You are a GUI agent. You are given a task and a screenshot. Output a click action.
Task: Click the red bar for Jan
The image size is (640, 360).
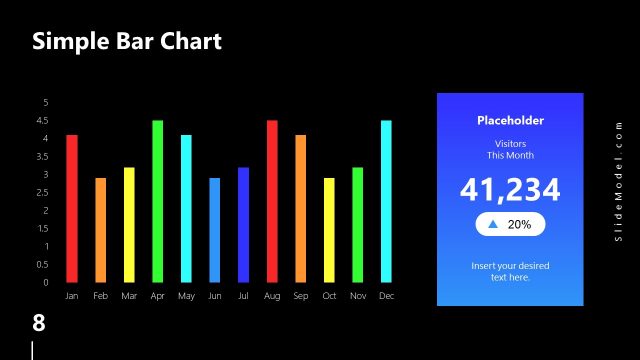72,208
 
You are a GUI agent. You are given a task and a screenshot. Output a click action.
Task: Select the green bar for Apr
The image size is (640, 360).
157,201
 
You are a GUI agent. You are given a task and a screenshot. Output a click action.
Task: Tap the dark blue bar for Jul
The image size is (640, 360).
244,224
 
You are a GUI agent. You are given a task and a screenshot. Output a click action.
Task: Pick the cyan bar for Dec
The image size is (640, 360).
386,201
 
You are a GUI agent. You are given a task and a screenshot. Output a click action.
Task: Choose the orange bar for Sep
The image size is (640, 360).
301,208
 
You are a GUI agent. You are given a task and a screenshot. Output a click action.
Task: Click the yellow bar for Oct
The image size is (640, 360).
329,230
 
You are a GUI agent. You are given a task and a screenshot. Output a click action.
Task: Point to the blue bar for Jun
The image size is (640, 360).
215,230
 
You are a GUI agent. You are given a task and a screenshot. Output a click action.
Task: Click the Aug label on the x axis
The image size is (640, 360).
272,297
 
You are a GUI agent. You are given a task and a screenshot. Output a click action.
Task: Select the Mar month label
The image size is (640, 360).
129,297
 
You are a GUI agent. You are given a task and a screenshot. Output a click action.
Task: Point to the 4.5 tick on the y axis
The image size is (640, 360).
43,120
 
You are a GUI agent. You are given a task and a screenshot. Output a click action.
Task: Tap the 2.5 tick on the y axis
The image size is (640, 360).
43,192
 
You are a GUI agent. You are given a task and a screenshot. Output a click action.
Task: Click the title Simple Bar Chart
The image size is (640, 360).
126,41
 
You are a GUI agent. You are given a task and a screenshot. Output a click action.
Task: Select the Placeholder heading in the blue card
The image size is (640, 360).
510,120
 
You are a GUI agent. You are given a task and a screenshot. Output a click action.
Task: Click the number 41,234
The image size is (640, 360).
510,190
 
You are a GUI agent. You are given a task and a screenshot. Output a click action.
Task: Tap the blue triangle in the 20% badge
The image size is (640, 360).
492,225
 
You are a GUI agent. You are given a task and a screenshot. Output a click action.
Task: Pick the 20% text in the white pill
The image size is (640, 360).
519,225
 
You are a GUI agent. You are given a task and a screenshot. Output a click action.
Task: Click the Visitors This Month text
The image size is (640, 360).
510,150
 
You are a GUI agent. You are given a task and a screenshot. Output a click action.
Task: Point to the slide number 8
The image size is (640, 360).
39,323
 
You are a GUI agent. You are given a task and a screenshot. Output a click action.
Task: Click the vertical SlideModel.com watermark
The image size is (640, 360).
619,181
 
